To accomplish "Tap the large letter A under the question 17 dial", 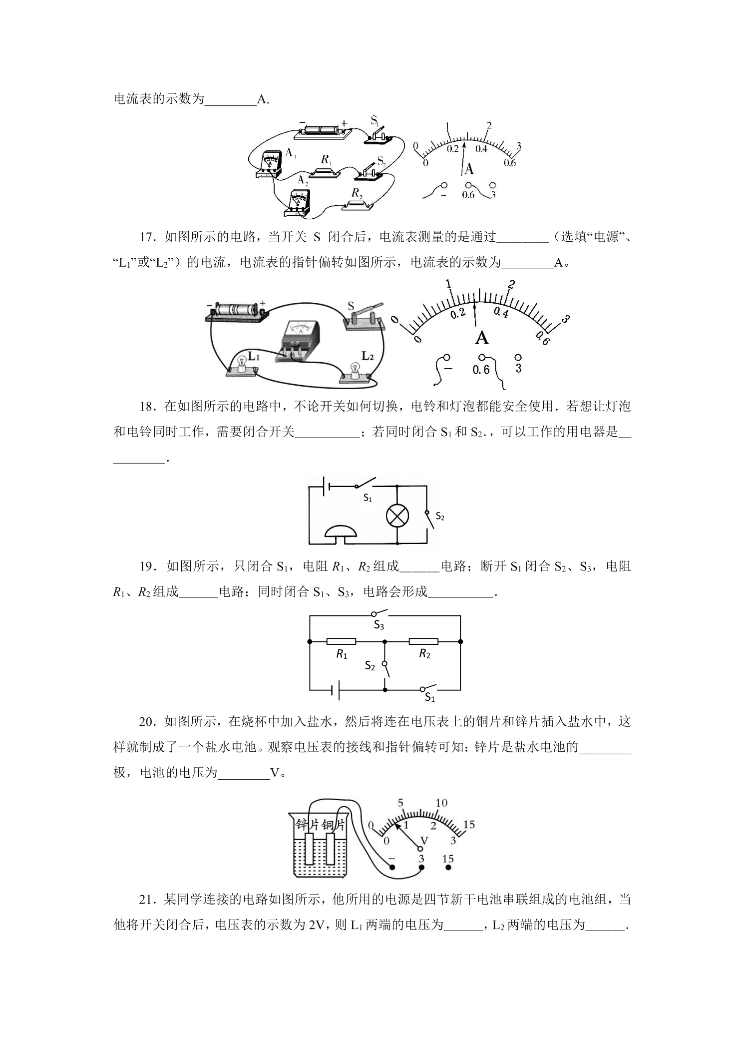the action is (481, 338).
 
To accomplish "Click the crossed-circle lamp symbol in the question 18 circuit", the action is (397, 516).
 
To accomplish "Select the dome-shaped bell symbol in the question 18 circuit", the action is (341, 531).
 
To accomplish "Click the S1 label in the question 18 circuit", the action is (368, 498).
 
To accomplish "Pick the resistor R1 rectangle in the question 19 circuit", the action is (341, 641).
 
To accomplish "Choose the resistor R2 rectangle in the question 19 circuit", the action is (423, 641).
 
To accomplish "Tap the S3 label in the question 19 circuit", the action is (379, 625).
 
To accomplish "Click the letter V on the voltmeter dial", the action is (424, 841).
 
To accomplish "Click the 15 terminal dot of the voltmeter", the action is (448, 868).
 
